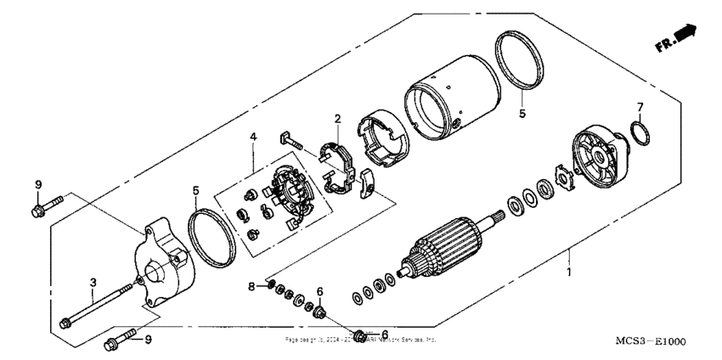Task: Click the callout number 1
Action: coord(569,273)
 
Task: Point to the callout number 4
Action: coord(251,136)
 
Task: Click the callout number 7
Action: coord(640,107)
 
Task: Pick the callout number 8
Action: coord(251,287)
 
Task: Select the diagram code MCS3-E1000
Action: coord(651,340)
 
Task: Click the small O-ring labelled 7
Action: coord(642,133)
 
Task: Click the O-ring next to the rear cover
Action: coord(211,236)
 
